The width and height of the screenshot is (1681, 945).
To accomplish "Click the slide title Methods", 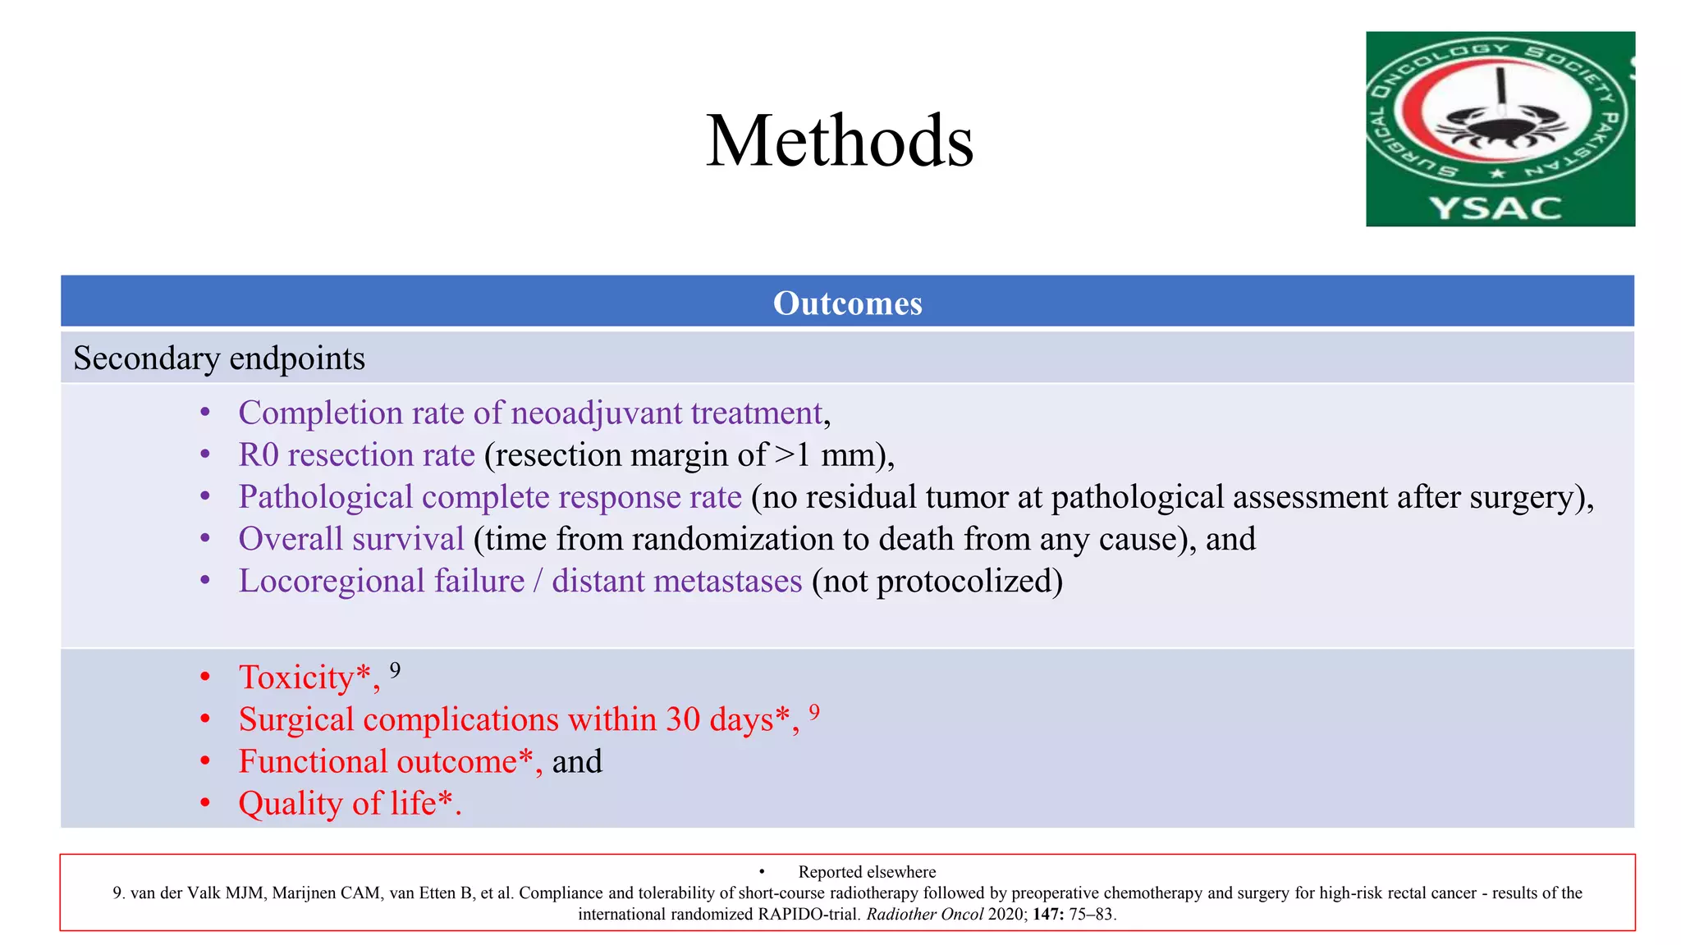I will click(840, 141).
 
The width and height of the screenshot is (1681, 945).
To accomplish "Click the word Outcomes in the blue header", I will click(847, 303).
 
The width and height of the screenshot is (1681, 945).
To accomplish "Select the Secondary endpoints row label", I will click(219, 358).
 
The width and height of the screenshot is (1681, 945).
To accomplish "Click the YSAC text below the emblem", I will click(1495, 208).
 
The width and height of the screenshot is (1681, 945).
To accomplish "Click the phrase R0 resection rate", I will click(356, 455).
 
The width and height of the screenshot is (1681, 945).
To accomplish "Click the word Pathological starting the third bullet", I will click(325, 497).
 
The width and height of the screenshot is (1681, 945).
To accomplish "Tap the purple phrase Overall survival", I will click(351, 539).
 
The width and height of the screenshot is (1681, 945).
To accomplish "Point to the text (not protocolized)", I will click(937, 581).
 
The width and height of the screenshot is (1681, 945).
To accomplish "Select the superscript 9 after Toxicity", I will click(395, 671).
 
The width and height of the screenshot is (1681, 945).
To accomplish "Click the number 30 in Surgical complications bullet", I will click(683, 719).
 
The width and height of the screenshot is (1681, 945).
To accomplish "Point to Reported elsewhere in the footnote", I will click(867, 872).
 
